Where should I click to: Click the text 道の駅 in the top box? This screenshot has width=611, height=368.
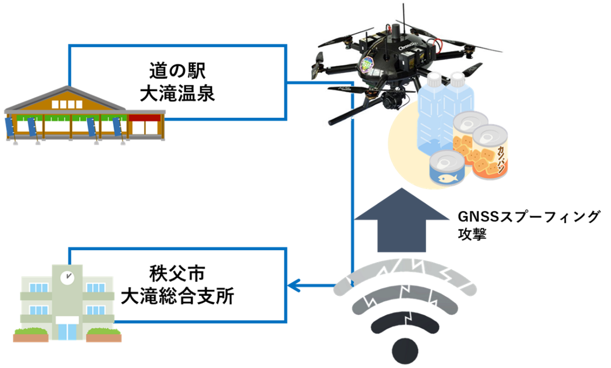177,71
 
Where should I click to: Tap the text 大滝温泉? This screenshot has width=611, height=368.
177,94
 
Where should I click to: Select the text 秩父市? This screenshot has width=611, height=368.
177,272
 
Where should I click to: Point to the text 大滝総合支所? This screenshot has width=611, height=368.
177,296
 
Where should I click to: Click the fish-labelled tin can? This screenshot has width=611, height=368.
446,170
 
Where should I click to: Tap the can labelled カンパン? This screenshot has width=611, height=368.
491,152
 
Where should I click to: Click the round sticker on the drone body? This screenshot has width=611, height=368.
370,63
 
